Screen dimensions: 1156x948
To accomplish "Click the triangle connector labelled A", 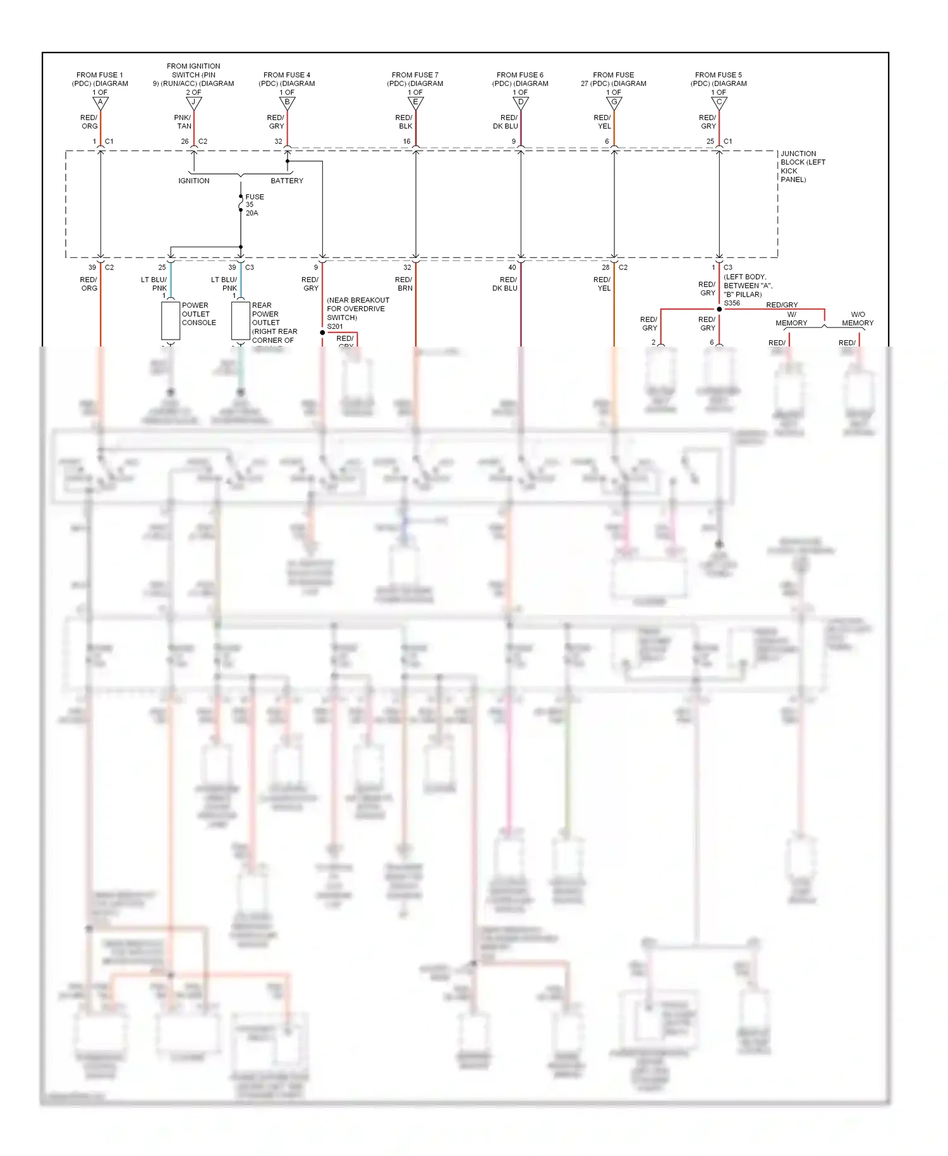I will click(100, 102).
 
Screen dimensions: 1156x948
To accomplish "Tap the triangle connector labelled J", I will click(193, 102).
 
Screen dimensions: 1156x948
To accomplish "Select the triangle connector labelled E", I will click(416, 102).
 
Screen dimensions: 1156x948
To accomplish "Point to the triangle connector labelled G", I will click(614, 102).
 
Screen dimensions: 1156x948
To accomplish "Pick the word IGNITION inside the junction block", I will click(193, 181).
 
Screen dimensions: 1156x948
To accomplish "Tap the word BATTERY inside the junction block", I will click(287, 181).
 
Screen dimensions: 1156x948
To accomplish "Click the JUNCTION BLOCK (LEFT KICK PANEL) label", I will click(802, 166).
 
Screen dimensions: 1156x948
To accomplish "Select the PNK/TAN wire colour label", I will click(183, 122).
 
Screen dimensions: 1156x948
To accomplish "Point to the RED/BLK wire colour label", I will click(404, 122).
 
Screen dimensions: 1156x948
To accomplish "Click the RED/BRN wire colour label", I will click(404, 284).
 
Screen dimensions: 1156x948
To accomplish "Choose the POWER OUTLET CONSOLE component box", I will click(171, 321).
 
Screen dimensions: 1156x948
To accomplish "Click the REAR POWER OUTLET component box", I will click(240, 321).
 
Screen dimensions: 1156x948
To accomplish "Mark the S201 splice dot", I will click(322, 333).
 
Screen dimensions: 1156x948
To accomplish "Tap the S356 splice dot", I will click(719, 309).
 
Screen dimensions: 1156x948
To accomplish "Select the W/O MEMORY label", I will click(858, 319).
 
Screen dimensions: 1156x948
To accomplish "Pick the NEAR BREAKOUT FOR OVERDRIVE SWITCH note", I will click(358, 309).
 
